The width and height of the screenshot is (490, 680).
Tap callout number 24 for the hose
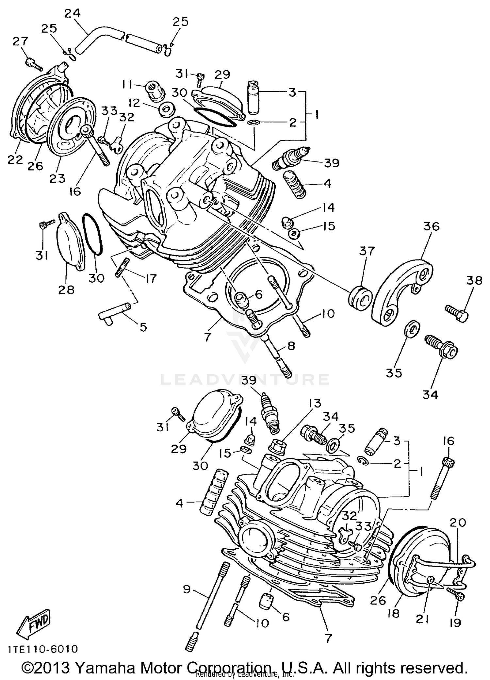(x=72, y=14)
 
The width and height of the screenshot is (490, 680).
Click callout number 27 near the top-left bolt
(x=21, y=41)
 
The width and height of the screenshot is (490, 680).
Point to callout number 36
(x=432, y=226)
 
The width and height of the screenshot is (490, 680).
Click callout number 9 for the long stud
(x=187, y=590)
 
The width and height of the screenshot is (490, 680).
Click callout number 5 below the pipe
(x=143, y=326)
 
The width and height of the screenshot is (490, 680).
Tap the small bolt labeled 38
(x=457, y=309)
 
